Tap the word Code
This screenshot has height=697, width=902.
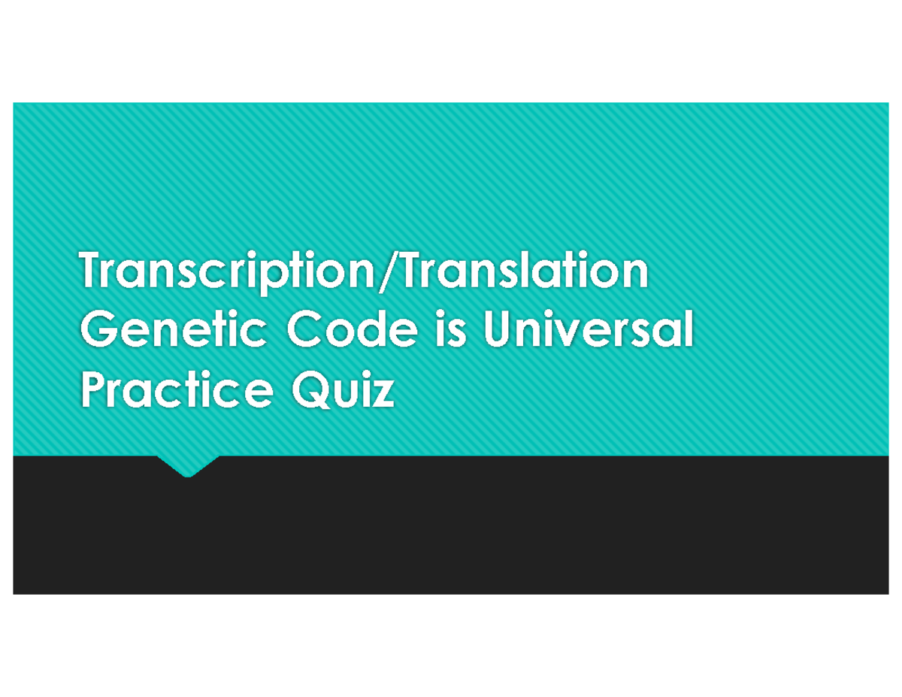click(350, 332)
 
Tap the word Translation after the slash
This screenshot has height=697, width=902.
click(521, 272)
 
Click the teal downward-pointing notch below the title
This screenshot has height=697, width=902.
click(188, 465)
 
